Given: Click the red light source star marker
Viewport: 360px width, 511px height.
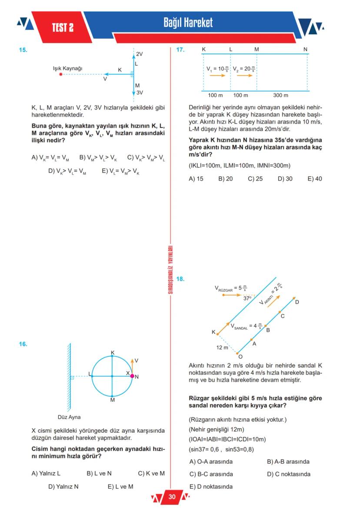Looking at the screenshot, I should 60,74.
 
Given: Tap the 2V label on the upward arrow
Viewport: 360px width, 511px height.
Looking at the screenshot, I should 140,54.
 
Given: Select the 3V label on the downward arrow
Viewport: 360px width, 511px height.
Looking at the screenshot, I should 140,93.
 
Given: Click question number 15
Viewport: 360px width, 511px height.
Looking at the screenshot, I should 23,50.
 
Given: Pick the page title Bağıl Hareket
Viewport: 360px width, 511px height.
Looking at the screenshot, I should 188,23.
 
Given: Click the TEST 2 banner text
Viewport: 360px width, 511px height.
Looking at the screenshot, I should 63,28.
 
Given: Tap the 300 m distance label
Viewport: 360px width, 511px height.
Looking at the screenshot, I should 280,95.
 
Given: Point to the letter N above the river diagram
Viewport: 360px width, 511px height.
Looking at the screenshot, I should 306,50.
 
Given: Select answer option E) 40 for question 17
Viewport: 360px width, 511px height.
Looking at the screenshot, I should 315,179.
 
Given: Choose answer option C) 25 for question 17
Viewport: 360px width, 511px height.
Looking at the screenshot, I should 255,179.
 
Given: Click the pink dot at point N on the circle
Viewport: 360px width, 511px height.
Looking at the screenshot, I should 132,376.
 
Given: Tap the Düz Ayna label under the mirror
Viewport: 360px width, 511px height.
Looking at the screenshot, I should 69,417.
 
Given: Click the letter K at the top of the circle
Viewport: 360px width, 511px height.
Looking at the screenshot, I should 113,352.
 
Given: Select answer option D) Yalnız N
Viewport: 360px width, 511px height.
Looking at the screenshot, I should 63,487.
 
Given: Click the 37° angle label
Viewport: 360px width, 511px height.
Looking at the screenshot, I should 247,299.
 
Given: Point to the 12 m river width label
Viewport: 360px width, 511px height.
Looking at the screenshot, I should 222,347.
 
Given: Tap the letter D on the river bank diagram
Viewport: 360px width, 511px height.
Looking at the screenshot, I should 297,302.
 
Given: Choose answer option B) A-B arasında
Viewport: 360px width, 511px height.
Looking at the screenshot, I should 288,461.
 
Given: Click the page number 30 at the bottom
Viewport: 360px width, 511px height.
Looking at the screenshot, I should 172,497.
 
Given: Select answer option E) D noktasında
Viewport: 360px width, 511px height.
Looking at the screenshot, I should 211,487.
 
